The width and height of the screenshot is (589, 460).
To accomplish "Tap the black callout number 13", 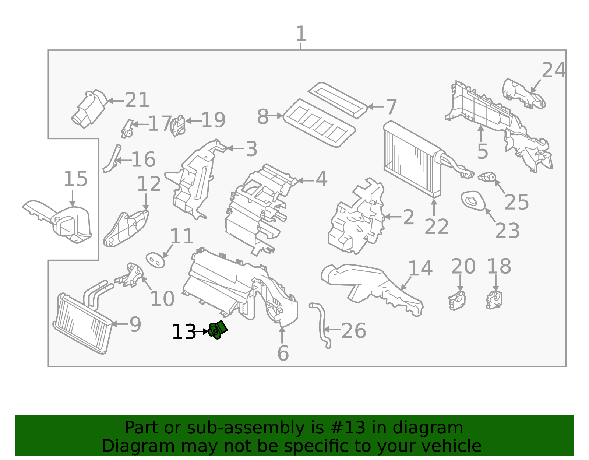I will point(184,332).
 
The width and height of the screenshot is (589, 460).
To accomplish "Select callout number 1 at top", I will point(301,34).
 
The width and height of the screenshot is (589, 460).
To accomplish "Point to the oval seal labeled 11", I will point(155,260).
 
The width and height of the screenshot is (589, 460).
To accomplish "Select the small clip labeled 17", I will point(127,129).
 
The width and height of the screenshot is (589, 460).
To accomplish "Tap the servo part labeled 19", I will point(178,126).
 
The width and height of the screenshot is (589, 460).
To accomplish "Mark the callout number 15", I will point(75,179).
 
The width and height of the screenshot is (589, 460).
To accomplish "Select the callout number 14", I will point(420,268).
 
